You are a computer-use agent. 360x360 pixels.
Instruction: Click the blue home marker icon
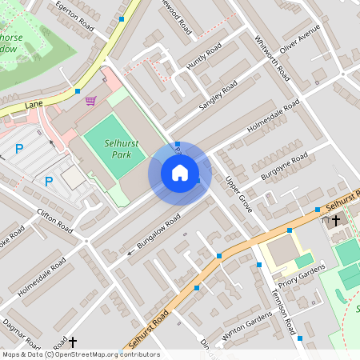[x=180, y=173]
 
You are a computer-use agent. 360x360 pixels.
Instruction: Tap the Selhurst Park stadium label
[x=122, y=147]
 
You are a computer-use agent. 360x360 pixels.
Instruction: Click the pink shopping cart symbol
[x=90, y=101]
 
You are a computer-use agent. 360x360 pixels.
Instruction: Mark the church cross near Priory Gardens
[x=336, y=219]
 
